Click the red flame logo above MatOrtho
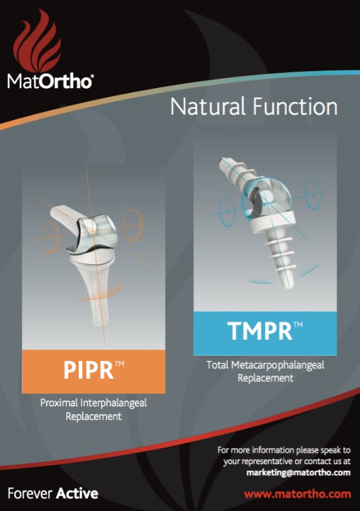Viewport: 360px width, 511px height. pos(37,41)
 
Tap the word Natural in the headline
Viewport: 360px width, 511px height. pos(208,107)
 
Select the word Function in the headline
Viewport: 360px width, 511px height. pos(295,107)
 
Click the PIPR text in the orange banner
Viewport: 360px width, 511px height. pos(89,370)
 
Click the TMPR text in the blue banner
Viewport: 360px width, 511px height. pos(260,331)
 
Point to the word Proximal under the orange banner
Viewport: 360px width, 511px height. pos(59,403)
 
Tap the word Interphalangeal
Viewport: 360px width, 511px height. pos(114,404)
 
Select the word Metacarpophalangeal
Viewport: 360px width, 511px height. pos(278,366)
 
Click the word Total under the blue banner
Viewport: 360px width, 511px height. pos(218,365)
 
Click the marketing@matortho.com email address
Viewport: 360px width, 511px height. pos(298,472)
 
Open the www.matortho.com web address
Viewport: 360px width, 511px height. pos(298,494)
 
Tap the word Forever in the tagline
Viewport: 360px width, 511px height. pos(30,493)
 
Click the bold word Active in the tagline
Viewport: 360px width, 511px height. pos(77,493)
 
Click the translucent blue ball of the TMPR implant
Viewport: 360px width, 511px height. pos(266,197)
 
